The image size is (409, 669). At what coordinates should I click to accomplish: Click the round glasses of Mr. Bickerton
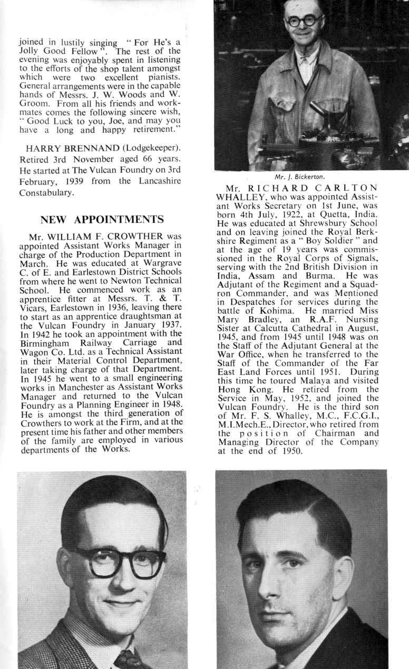[303, 21]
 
